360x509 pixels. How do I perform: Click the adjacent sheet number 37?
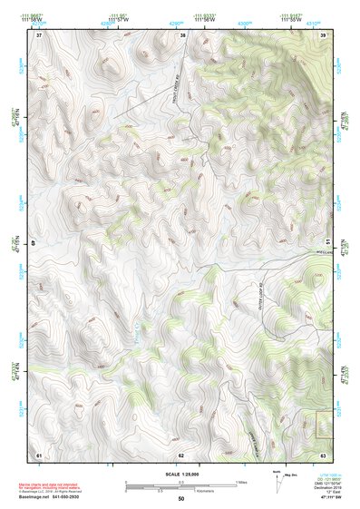pyautogui.click(x=39, y=35)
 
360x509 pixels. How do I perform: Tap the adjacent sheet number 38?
pyautogui.click(x=182, y=35)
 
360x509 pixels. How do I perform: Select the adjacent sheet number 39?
pyautogui.click(x=323, y=35)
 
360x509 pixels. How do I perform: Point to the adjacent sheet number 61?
pyautogui.click(x=39, y=454)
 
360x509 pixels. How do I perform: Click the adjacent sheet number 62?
pyautogui.click(x=181, y=454)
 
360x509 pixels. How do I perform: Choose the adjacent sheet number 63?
pyautogui.click(x=323, y=454)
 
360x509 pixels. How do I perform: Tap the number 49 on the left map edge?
pyautogui.click(x=37, y=243)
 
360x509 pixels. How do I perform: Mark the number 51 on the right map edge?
pyautogui.click(x=326, y=243)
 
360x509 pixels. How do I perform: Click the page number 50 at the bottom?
pyautogui.click(x=181, y=499)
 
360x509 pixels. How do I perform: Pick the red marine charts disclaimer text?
pyautogui.click(x=56, y=482)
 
